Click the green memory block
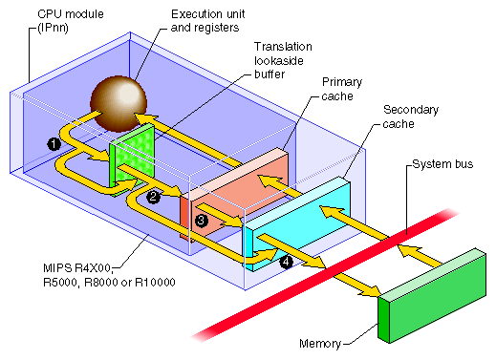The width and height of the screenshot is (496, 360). pos(430,291)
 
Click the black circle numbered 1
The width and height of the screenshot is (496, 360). pos(54,142)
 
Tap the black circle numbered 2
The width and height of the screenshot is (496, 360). pos(152,198)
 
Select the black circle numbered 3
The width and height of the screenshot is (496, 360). pos(200,221)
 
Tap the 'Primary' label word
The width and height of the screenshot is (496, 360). pos(342,81)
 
